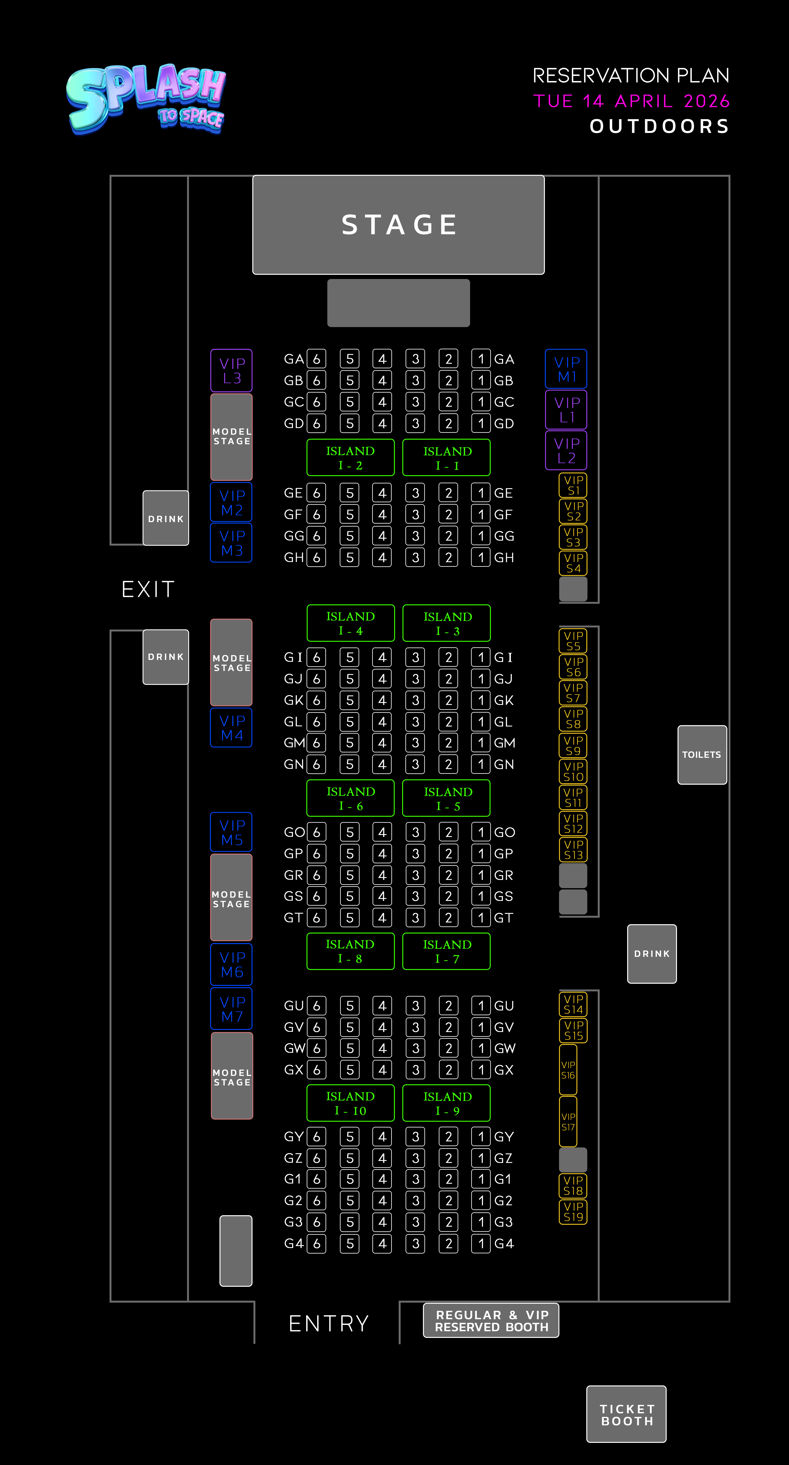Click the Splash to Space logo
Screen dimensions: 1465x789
[146, 100]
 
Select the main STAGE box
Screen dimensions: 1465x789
[398, 225]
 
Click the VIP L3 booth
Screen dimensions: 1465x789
[232, 370]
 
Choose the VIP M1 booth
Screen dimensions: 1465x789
[566, 369]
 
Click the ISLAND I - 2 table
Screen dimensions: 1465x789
[350, 457]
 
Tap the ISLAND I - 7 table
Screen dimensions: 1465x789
[447, 951]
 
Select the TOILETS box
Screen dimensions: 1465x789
[702, 755]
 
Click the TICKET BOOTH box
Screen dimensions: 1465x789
[626, 1414]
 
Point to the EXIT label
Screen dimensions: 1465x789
[148, 589]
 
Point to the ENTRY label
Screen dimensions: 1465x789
[329, 1323]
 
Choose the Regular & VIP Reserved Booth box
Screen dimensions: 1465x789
[491, 1321]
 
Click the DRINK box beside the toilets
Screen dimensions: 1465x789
[652, 954]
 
